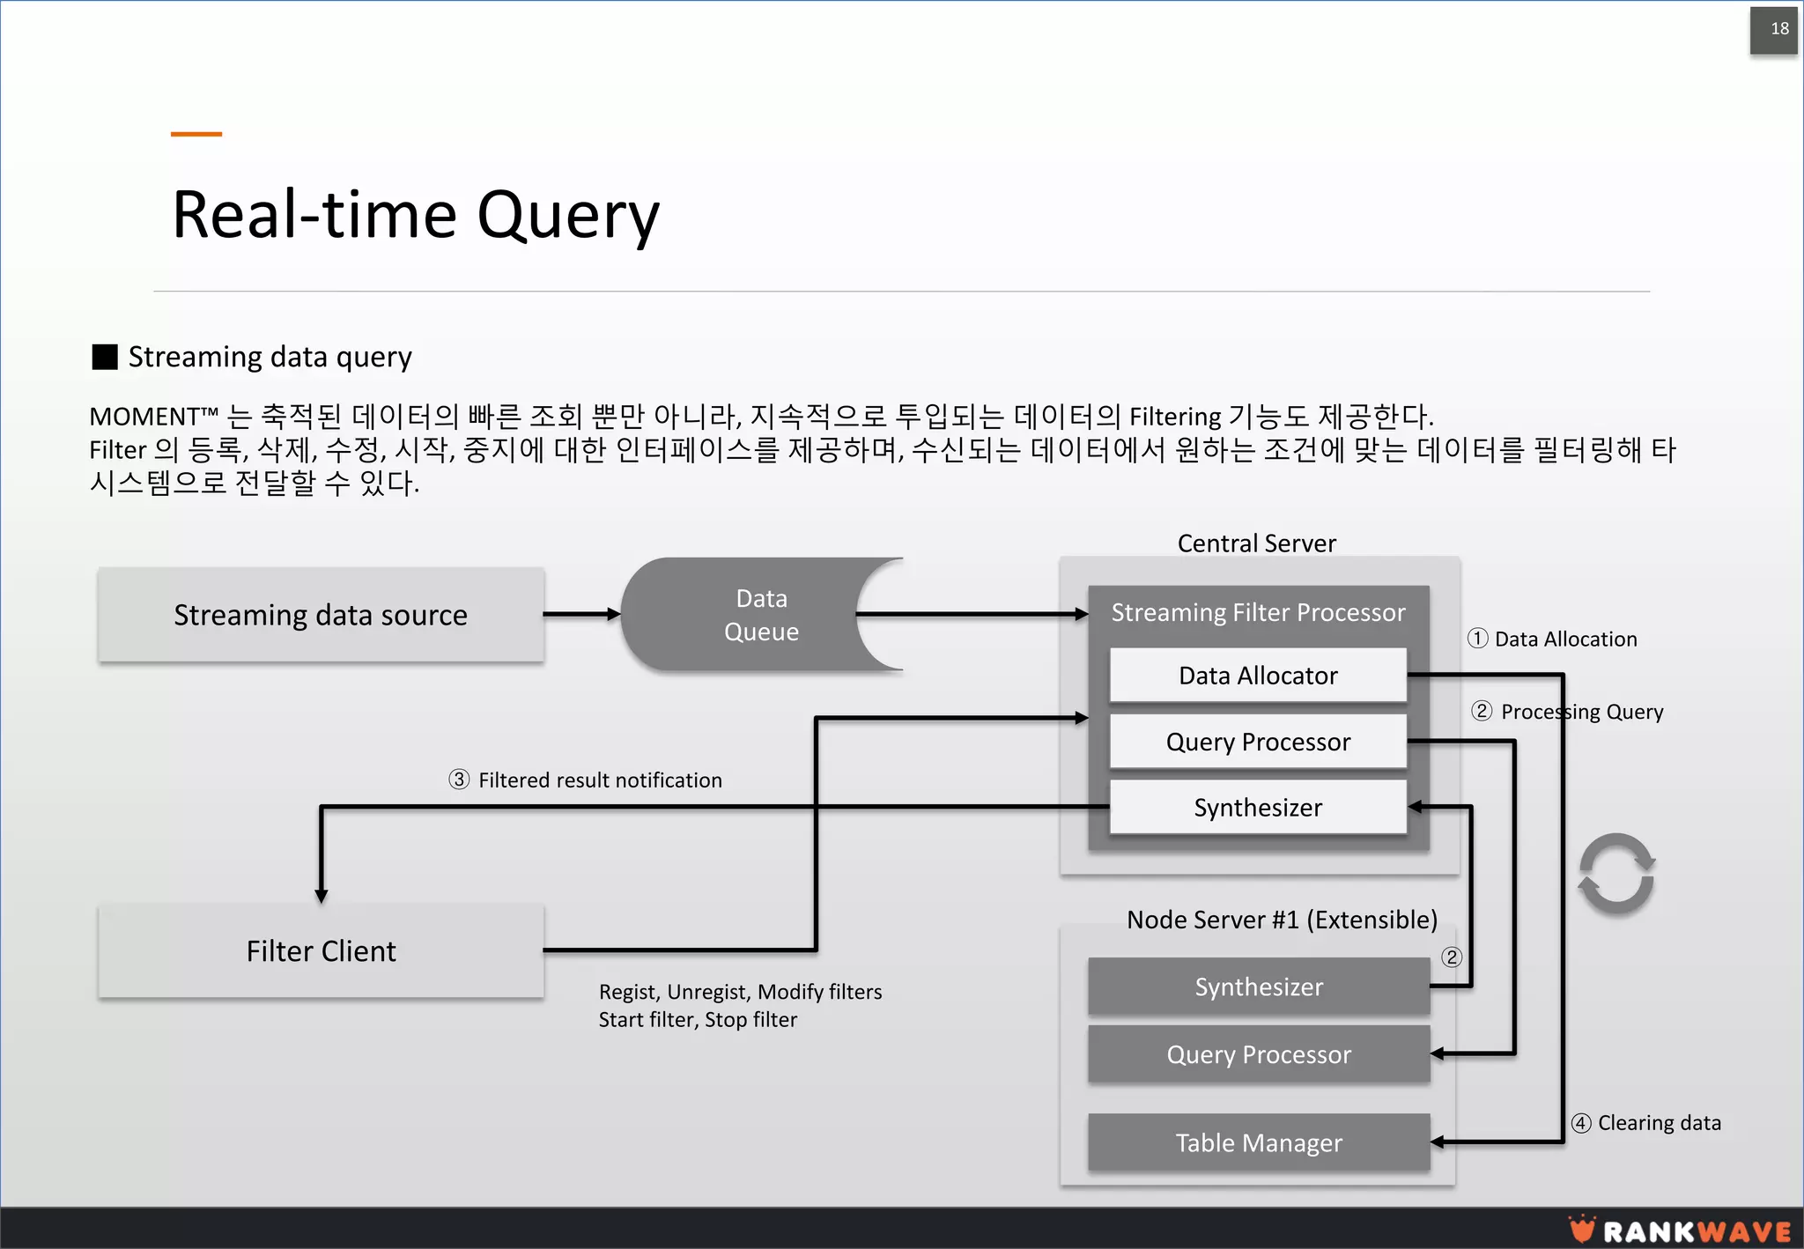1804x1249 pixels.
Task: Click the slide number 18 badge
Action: (x=1773, y=30)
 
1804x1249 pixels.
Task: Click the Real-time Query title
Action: (x=415, y=216)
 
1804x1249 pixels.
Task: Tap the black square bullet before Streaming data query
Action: (x=105, y=357)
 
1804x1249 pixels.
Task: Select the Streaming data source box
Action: (x=321, y=615)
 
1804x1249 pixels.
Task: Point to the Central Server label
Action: (x=1256, y=543)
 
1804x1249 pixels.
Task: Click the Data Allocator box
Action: (x=1258, y=676)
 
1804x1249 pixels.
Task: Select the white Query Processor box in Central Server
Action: (x=1258, y=742)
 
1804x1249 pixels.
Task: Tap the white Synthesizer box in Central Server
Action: (x=1258, y=807)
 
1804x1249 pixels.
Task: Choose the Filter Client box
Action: (x=321, y=951)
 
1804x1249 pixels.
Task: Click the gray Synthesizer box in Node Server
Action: (x=1258, y=987)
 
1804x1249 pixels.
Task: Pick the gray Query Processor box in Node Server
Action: (x=1258, y=1054)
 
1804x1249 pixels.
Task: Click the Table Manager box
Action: (x=1258, y=1142)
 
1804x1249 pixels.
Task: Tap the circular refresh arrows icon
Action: (x=1616, y=874)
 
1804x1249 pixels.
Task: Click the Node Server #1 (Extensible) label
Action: (x=1282, y=920)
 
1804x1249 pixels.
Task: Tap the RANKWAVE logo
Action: (x=1681, y=1230)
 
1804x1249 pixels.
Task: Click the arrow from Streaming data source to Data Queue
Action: (x=582, y=615)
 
